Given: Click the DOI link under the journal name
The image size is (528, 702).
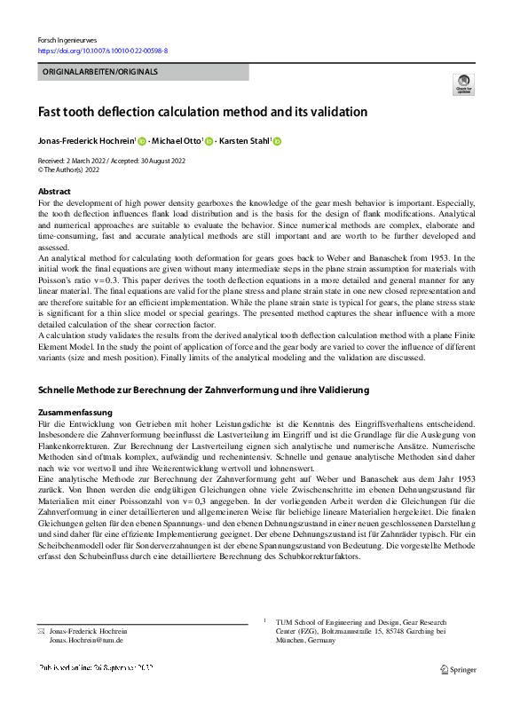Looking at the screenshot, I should pyautogui.click(x=103, y=51).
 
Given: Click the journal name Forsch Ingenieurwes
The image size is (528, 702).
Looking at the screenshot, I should pyautogui.click(x=67, y=41).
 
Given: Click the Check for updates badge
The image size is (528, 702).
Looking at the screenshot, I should pyautogui.click(x=462, y=84).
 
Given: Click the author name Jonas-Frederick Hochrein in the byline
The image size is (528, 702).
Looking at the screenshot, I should pyautogui.click(x=85, y=141).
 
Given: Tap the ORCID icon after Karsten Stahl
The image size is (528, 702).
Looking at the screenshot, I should pyautogui.click(x=276, y=141).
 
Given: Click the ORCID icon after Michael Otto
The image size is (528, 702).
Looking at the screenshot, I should pyautogui.click(x=209, y=141).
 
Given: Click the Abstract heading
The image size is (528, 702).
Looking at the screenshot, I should pyautogui.click(x=54, y=192).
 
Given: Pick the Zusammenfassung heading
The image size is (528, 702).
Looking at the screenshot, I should pyautogui.click(x=75, y=413).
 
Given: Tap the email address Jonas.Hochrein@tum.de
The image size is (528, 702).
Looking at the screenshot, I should pyautogui.click(x=86, y=640).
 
